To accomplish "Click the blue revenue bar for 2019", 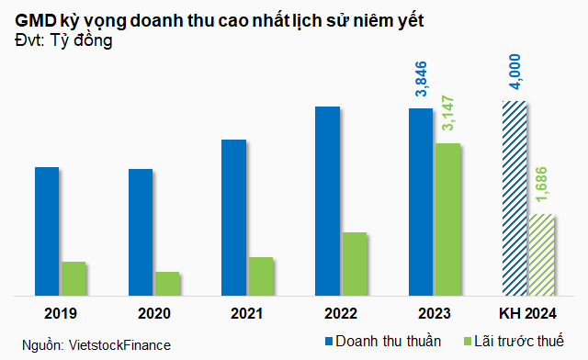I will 47,231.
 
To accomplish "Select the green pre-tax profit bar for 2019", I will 73,278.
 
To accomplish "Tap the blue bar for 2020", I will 141,232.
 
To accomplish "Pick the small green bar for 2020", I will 167,284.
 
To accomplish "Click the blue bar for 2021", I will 233,218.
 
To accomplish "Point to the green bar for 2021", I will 261,276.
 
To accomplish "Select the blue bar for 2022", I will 327,201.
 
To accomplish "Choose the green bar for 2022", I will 355,264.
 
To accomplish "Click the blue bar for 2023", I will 421,202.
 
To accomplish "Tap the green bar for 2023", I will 447,219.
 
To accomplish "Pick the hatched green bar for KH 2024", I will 541,254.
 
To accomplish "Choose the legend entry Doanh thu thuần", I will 377,341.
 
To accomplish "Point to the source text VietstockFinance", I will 120,344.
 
